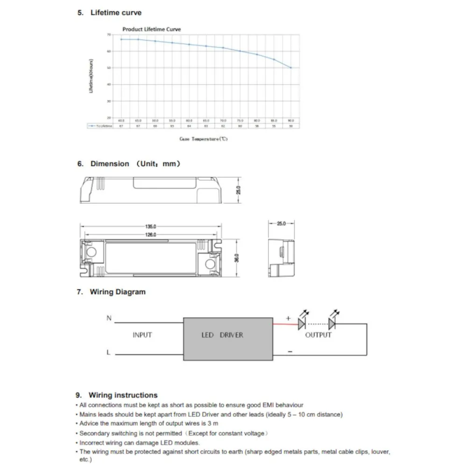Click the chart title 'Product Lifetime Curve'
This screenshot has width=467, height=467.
click(x=151, y=29)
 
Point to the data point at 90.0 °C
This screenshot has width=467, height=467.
click(x=291, y=68)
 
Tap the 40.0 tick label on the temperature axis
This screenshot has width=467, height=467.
click(x=121, y=120)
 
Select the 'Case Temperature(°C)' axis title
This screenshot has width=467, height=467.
click(x=204, y=139)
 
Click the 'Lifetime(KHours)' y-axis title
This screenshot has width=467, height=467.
click(x=92, y=76)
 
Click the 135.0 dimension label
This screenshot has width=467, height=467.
click(x=150, y=226)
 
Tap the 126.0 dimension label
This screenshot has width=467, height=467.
click(x=150, y=235)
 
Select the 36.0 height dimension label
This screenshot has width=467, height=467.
click(x=237, y=258)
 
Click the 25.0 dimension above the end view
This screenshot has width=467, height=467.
click(x=281, y=224)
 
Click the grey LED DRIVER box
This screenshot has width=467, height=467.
click(x=228, y=335)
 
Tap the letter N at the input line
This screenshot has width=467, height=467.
click(x=109, y=318)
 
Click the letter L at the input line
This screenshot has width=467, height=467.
click(x=108, y=353)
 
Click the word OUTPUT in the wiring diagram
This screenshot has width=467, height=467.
click(x=318, y=335)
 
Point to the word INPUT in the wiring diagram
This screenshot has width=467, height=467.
click(x=142, y=335)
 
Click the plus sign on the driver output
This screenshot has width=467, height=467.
click(x=288, y=318)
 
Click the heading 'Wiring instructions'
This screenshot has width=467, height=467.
click(x=123, y=395)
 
